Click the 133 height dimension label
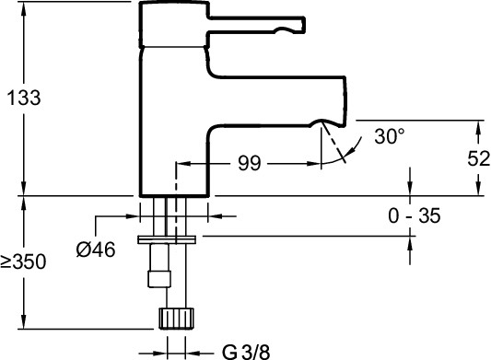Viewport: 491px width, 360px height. [x=24, y=98]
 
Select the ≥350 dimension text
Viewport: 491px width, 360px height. [x=23, y=261]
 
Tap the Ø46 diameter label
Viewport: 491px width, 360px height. [x=96, y=250]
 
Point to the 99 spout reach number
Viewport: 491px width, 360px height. [x=250, y=163]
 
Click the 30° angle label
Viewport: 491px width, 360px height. [x=390, y=136]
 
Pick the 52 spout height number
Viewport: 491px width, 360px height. [x=479, y=158]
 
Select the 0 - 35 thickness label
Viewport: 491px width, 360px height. [x=415, y=215]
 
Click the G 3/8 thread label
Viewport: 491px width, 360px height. [x=246, y=352]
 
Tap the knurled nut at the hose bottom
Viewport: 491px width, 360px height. [x=176, y=319]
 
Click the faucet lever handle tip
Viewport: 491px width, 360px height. [x=303, y=24]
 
